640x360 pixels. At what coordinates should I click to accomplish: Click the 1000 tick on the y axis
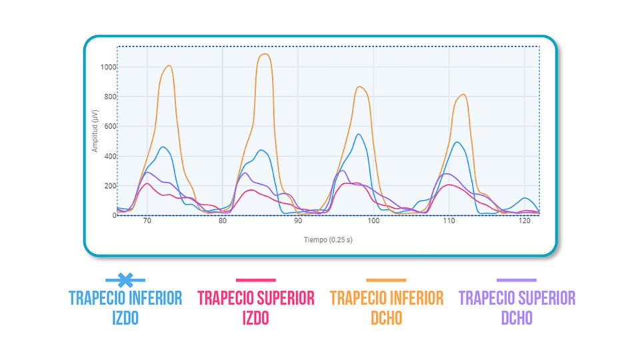pos(108,67)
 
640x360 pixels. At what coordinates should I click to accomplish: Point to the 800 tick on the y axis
pos(109,97)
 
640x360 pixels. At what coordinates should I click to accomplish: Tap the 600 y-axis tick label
pos(109,127)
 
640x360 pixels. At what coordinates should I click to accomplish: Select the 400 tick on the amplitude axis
pos(109,157)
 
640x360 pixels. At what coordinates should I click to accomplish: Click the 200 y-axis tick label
pos(109,186)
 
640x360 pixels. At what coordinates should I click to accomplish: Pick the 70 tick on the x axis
pos(147,221)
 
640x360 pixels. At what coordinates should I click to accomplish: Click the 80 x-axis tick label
pos(223,221)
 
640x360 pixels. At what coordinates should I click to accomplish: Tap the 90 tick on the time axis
pos(298,221)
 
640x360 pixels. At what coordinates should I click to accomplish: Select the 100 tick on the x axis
pos(373,221)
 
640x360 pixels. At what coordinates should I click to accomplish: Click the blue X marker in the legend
pos(125,280)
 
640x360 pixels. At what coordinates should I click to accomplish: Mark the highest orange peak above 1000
pos(265,54)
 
